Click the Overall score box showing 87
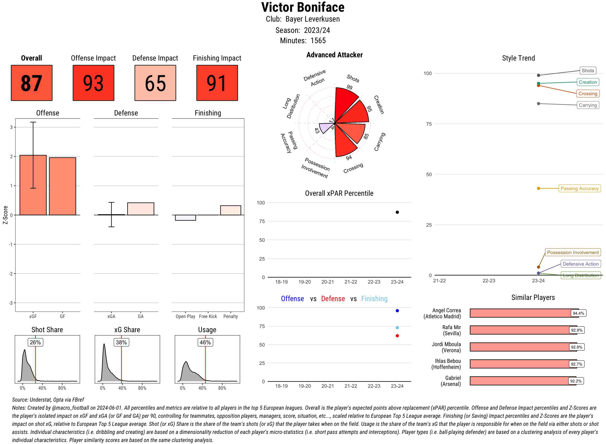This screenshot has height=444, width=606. [x=32, y=83]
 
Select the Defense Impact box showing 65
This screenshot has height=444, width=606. [x=155, y=83]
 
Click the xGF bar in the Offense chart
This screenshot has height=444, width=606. [x=33, y=185]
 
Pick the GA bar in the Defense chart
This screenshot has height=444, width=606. [x=141, y=209]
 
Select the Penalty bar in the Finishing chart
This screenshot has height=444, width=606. [x=230, y=210]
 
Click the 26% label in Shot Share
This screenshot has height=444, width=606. [x=35, y=342]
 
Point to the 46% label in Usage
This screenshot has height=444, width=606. [x=205, y=342]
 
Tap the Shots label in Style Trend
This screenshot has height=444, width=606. [x=587, y=71]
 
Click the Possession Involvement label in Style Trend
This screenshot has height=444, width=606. [x=573, y=252]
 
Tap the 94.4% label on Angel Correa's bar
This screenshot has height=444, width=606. [x=578, y=313]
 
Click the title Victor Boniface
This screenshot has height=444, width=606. [x=303, y=7]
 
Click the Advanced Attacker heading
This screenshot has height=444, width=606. [x=334, y=55]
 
